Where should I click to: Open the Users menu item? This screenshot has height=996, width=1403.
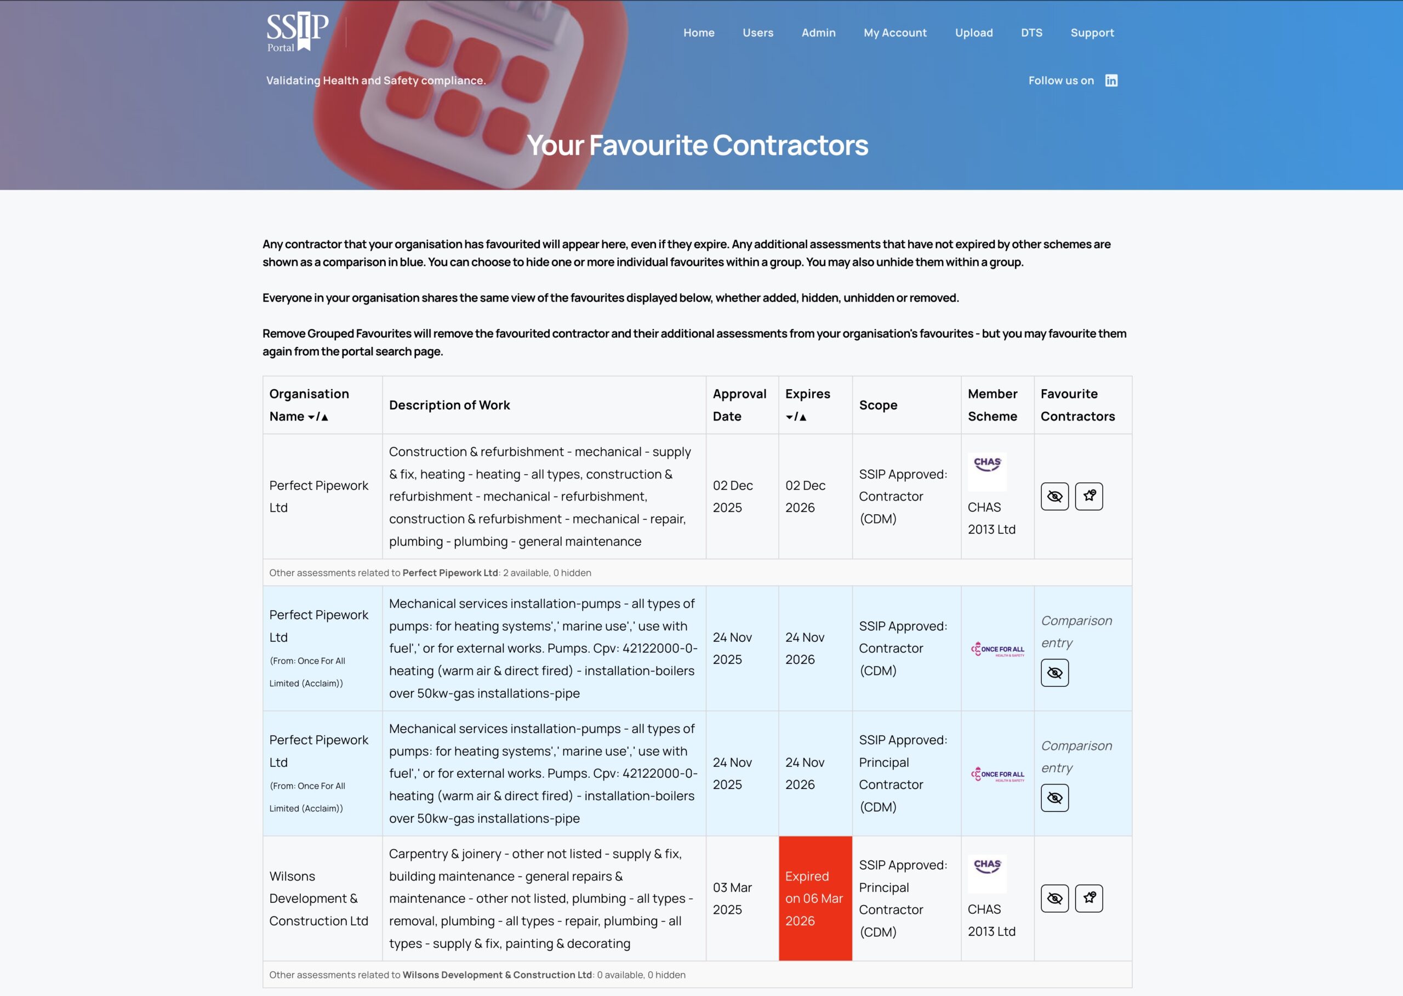coord(758,32)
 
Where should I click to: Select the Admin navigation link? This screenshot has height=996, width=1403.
coord(818,32)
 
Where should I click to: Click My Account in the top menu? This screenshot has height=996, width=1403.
coord(894,32)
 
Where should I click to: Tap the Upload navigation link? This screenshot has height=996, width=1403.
coord(974,32)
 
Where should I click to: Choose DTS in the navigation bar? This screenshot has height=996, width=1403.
coord(1031,32)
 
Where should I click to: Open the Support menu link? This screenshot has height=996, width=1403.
coord(1092,32)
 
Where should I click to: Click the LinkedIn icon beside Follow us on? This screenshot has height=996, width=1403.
coord(1111,81)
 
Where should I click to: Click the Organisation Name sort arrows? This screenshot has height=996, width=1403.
coord(318,417)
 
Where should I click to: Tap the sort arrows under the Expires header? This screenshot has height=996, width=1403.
coord(796,417)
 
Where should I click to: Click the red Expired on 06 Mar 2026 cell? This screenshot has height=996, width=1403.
coord(815,898)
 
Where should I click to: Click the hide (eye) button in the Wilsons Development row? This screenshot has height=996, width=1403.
coord(1054,898)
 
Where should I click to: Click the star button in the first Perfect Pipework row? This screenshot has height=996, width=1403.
coord(1088,496)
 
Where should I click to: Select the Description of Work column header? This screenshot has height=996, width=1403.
coord(449,406)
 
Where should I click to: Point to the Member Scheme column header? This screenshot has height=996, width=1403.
coord(992,406)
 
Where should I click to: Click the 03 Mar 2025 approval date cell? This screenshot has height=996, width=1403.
coord(732,898)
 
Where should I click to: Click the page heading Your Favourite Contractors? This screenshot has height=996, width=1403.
coord(698,145)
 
